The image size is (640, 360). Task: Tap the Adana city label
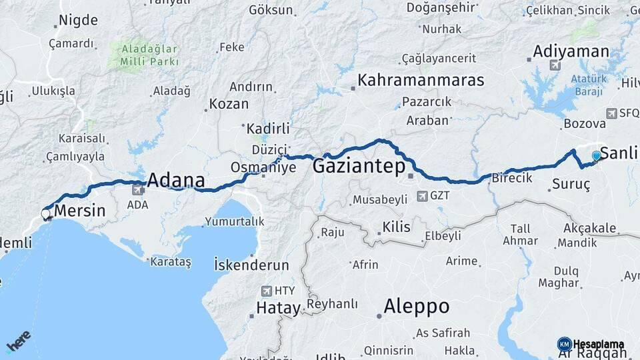[175, 181]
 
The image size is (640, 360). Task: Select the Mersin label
[79, 211]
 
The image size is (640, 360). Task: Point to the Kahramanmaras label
[420, 81]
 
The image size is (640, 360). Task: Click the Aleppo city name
[416, 307]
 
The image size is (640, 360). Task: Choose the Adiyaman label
[571, 51]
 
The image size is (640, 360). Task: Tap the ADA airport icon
[138, 191]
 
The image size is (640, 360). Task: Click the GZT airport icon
[422, 196]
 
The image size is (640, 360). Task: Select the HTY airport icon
[267, 291]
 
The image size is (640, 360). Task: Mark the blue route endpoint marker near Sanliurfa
[596, 156]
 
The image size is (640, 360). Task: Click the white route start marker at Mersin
[45, 214]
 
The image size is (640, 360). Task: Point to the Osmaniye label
[263, 167]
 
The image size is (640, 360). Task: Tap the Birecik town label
[511, 178]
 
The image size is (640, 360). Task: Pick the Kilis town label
[397, 227]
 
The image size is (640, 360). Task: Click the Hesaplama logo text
[599, 345]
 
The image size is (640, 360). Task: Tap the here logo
[18, 341]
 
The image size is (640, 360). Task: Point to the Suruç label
[571, 185]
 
